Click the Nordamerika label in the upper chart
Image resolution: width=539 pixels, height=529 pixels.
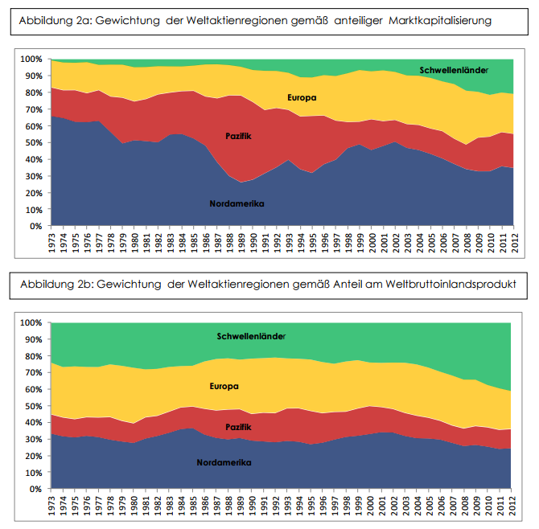point(236,203)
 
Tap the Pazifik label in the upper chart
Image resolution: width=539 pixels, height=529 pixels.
point(238,136)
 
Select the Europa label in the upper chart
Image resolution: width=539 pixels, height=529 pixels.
point(302,98)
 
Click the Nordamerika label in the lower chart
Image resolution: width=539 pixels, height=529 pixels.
point(224,462)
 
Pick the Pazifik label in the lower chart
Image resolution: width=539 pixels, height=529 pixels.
point(239,426)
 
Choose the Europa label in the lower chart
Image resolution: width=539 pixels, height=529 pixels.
point(224,387)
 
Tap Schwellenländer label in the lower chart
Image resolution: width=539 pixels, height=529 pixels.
point(251,335)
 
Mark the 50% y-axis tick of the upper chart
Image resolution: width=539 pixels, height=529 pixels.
point(33,143)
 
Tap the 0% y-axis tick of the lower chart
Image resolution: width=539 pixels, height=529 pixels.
point(35,489)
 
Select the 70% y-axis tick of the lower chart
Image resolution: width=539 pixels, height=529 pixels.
point(33,372)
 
